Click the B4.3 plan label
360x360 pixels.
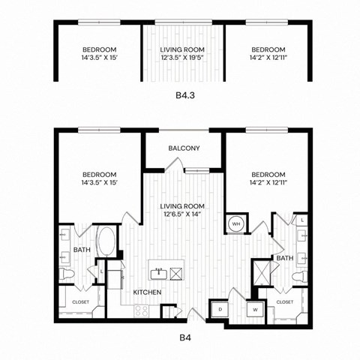[184, 96]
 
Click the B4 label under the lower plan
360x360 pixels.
[184, 338]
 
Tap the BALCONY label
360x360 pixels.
[184, 148]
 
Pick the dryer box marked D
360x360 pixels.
[220, 309]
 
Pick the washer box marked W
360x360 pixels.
[254, 309]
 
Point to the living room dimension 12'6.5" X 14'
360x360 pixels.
[184, 213]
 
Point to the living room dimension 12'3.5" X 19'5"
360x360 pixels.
[184, 55]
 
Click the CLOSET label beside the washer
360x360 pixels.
[284, 301]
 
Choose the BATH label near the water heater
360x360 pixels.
[284, 258]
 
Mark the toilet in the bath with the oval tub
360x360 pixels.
[66, 276]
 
